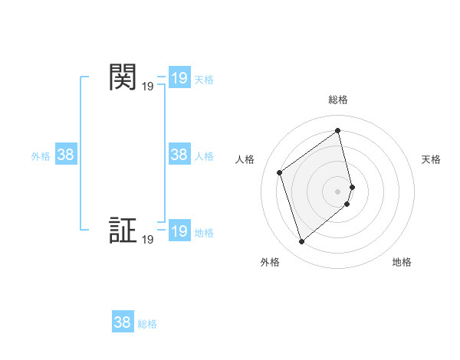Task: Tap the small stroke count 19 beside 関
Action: [x=147, y=87]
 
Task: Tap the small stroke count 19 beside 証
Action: [x=147, y=241]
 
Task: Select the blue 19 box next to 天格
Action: [x=179, y=78]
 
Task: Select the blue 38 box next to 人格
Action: [x=179, y=155]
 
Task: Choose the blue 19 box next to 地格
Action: [x=179, y=231]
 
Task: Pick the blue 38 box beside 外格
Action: [x=66, y=155]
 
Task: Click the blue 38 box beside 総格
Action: [x=123, y=322]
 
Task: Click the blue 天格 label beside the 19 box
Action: [x=204, y=80]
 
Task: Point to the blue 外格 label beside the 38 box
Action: [x=41, y=156]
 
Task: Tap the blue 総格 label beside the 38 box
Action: [x=147, y=324]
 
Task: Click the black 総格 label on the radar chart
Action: [x=338, y=100]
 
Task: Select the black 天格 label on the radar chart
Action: [x=431, y=159]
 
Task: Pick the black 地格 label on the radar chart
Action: [x=402, y=262]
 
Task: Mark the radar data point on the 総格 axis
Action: [x=338, y=130]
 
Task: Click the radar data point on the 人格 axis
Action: [x=280, y=172]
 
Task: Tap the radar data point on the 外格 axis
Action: [x=301, y=242]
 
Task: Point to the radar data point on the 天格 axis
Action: [x=352, y=186]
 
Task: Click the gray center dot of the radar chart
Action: [x=338, y=191]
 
